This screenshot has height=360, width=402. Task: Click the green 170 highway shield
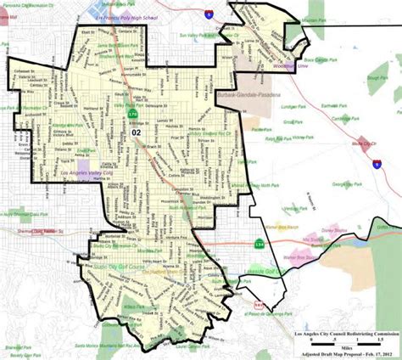(x=132, y=112)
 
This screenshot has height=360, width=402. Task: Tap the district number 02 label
(x=136, y=133)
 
